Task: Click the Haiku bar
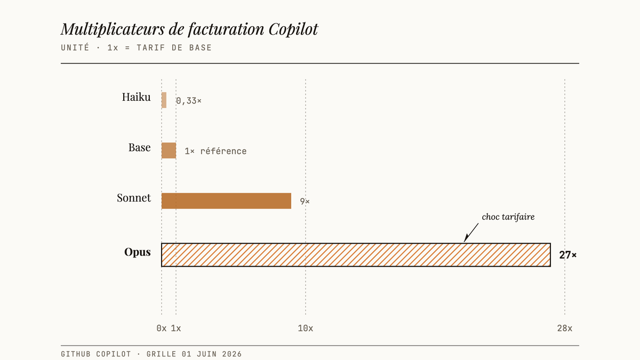point(164,100)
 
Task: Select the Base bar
point(169,150)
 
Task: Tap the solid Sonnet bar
point(226,201)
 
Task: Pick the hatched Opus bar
point(356,255)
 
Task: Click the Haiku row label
point(137,97)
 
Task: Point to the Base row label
point(139,147)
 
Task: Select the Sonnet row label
point(134,198)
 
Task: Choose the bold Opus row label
point(138,252)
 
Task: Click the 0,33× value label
point(189,101)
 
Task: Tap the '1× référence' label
point(215,151)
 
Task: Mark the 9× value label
point(305,202)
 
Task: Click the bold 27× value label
point(568,255)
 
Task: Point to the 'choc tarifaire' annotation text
point(508,217)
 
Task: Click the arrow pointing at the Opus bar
point(471,233)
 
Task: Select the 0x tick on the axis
point(162,329)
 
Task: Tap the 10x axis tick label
point(306,329)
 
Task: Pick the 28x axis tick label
point(565,329)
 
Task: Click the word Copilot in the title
point(293,29)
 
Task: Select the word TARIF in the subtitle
point(151,47)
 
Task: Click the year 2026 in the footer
point(231,354)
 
